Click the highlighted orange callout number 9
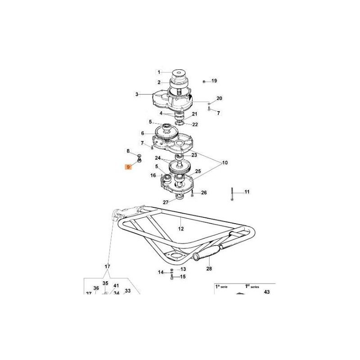pyautogui.click(x=128, y=167)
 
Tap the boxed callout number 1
pyautogui.click(x=159, y=72)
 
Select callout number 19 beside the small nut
pyautogui.click(x=214, y=81)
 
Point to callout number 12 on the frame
pyautogui.click(x=181, y=229)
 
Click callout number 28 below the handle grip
pyautogui.click(x=209, y=268)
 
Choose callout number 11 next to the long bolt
pyautogui.click(x=247, y=192)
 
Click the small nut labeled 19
pyautogui.click(x=204, y=81)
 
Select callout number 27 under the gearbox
pyautogui.click(x=166, y=202)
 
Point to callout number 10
pyautogui.click(x=225, y=162)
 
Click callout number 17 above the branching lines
pyautogui.click(x=107, y=266)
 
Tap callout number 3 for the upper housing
pyautogui.click(x=137, y=94)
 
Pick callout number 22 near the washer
pyautogui.click(x=195, y=125)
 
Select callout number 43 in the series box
pyautogui.click(x=267, y=292)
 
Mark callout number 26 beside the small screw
pyautogui.click(x=204, y=193)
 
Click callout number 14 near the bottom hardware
pyautogui.click(x=161, y=272)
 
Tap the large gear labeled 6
pyautogui.click(x=166, y=133)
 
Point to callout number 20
pyautogui.click(x=219, y=98)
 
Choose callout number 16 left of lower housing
pyautogui.click(x=153, y=175)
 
